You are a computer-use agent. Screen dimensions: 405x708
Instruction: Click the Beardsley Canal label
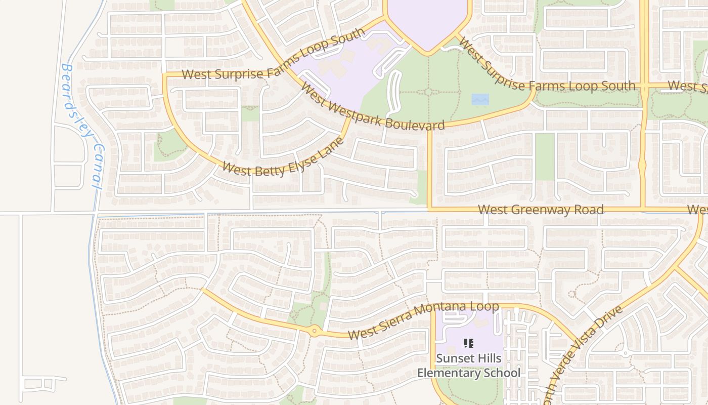[x=81, y=127]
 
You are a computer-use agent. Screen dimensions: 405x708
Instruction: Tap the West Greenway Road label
[x=541, y=210]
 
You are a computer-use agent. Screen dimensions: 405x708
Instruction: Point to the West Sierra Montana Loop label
[x=423, y=320]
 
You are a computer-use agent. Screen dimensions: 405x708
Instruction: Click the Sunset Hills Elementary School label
[x=468, y=366]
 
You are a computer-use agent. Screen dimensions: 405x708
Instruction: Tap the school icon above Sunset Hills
[x=469, y=344]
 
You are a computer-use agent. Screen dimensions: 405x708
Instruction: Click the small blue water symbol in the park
[x=480, y=99]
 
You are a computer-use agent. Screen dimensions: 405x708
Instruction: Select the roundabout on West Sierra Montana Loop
[x=315, y=332]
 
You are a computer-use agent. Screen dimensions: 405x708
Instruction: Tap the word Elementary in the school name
[x=468, y=373]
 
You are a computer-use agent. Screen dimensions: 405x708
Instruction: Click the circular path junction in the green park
[x=428, y=92]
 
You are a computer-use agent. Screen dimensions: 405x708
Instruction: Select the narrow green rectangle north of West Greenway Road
[x=545, y=156]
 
